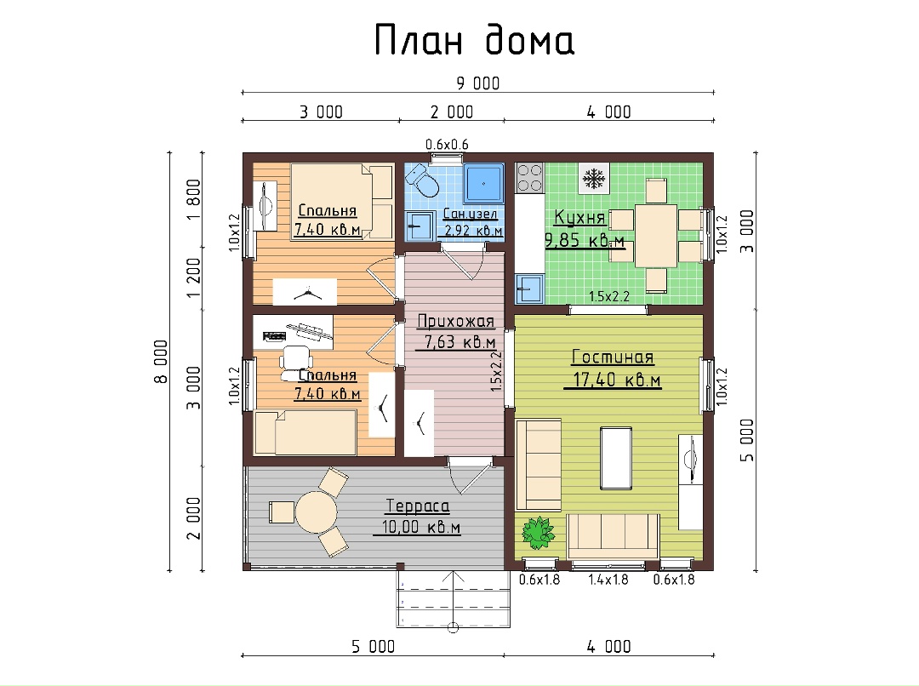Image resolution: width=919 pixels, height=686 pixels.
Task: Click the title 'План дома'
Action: (474, 41)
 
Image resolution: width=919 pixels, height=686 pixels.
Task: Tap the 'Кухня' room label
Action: (579, 218)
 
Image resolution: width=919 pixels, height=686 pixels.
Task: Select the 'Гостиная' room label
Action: (613, 357)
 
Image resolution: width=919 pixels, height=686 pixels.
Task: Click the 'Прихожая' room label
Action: (455, 322)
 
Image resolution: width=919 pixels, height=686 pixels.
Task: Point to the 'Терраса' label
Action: (417, 506)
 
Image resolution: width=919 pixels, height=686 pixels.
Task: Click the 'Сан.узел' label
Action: (470, 214)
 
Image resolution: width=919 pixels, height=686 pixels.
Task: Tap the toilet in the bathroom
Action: (422, 180)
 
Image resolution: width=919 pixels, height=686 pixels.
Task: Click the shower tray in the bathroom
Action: (483, 183)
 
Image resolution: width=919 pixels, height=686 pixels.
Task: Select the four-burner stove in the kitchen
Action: (530, 178)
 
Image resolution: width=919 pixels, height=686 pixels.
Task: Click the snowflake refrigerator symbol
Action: (594, 178)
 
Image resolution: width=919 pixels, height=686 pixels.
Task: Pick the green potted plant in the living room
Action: (538, 533)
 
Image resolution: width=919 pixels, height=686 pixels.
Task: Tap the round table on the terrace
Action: (317, 512)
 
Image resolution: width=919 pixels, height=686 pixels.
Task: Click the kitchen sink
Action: (530, 289)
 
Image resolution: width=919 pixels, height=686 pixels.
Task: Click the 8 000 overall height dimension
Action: (161, 361)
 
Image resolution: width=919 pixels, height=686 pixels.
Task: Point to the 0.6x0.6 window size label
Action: (447, 144)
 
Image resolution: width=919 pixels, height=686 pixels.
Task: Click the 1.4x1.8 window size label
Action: (608, 580)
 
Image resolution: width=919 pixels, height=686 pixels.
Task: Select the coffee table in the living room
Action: (616, 458)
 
